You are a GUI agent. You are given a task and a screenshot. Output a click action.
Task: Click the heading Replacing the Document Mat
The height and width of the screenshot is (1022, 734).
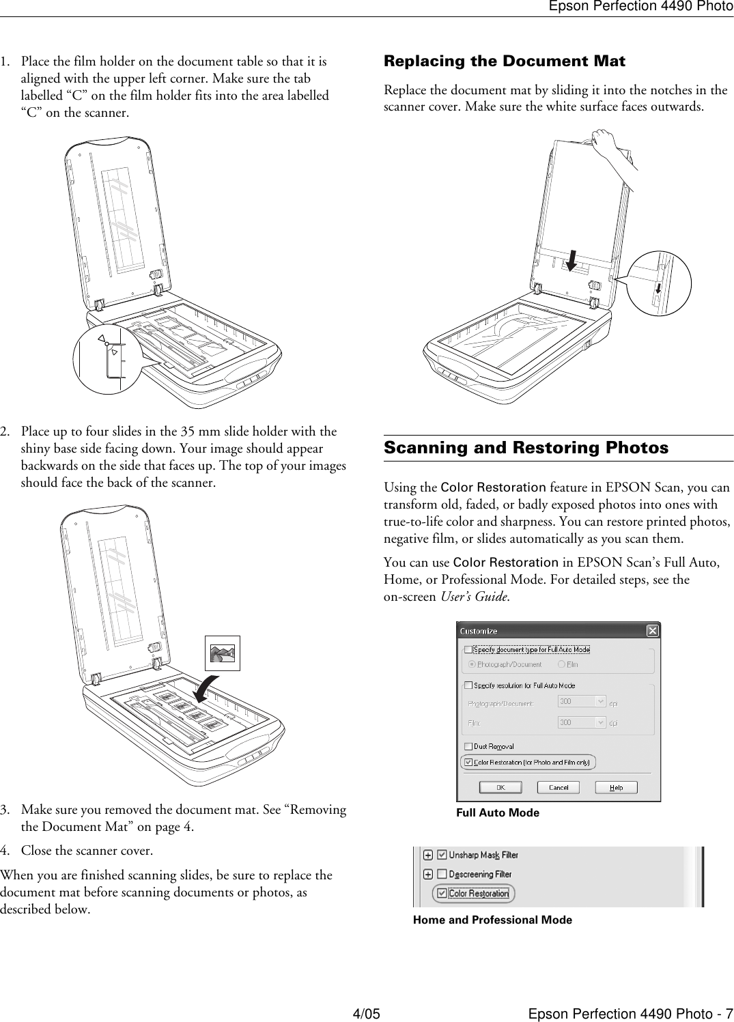click(x=504, y=61)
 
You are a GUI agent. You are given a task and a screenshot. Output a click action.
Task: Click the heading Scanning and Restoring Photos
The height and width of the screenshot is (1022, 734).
click(x=526, y=448)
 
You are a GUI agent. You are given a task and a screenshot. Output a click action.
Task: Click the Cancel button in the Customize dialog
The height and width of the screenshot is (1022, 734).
click(x=558, y=787)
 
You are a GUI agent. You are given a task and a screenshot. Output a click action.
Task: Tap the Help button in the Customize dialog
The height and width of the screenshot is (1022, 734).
click(x=616, y=787)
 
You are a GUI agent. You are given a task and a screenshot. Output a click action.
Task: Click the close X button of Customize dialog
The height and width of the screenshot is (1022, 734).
click(x=652, y=630)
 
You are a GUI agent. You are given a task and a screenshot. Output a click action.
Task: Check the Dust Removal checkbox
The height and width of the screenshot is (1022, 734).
click(x=468, y=747)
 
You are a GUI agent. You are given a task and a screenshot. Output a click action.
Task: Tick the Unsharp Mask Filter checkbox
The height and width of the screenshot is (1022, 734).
click(x=442, y=855)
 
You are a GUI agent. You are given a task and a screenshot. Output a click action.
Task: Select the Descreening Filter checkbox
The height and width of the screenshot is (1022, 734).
click(x=442, y=874)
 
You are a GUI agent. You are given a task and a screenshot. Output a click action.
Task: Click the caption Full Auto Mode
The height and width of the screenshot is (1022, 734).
click(x=497, y=812)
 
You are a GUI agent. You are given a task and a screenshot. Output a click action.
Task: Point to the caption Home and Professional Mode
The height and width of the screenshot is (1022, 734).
click(x=492, y=920)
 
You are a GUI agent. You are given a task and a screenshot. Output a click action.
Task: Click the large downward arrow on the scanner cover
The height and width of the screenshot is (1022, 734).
click(x=571, y=259)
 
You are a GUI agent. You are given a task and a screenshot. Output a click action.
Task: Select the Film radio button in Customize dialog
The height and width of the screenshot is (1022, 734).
click(x=561, y=664)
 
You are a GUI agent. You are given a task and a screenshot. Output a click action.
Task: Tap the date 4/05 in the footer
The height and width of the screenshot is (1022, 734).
click(x=366, y=1012)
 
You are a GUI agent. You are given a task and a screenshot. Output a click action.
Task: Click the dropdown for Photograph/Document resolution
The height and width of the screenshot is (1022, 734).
click(x=601, y=701)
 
